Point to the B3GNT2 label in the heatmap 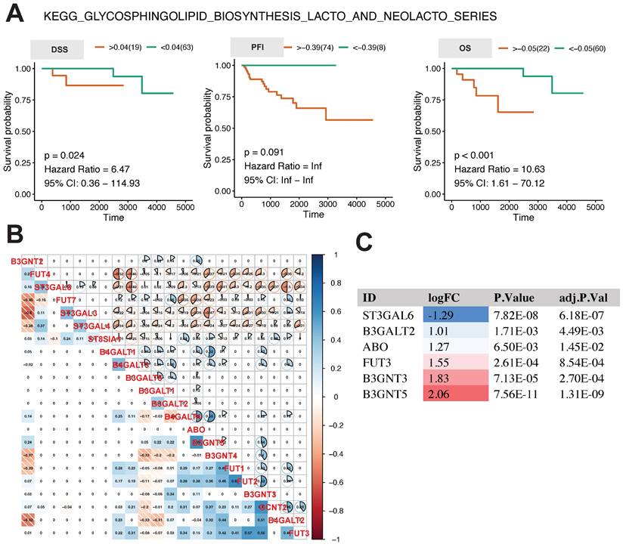26,261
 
